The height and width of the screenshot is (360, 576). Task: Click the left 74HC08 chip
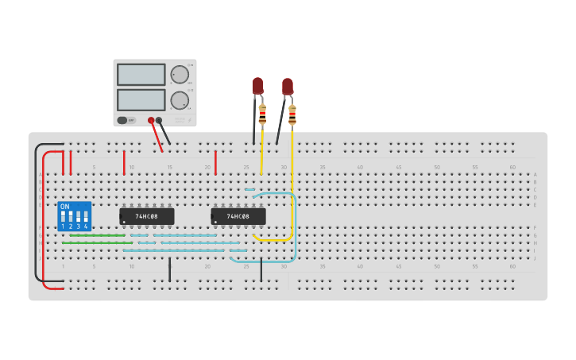coord(147,216)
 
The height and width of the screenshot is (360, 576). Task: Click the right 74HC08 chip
coord(238,216)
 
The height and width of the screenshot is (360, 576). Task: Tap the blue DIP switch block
coord(75,216)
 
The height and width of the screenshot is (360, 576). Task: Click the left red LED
coord(257,85)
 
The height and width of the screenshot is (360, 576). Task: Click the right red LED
coord(287,85)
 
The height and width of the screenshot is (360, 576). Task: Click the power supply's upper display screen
coord(141,75)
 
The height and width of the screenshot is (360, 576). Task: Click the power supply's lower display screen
coord(141,100)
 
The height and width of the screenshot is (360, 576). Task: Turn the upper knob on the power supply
coord(180,75)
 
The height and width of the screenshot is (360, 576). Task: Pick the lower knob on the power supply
coord(180,101)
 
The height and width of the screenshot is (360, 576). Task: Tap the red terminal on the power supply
coord(151,121)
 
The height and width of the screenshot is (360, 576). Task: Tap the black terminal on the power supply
coord(159,121)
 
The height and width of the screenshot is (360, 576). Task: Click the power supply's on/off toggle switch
coord(123,121)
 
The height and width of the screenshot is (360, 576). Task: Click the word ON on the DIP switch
coord(64,207)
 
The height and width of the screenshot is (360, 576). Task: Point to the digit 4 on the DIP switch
coord(86,227)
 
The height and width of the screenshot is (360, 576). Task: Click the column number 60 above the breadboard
coord(512,167)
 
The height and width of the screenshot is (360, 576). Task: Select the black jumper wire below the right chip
coord(261,269)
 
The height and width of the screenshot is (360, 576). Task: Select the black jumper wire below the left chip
coord(169,269)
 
